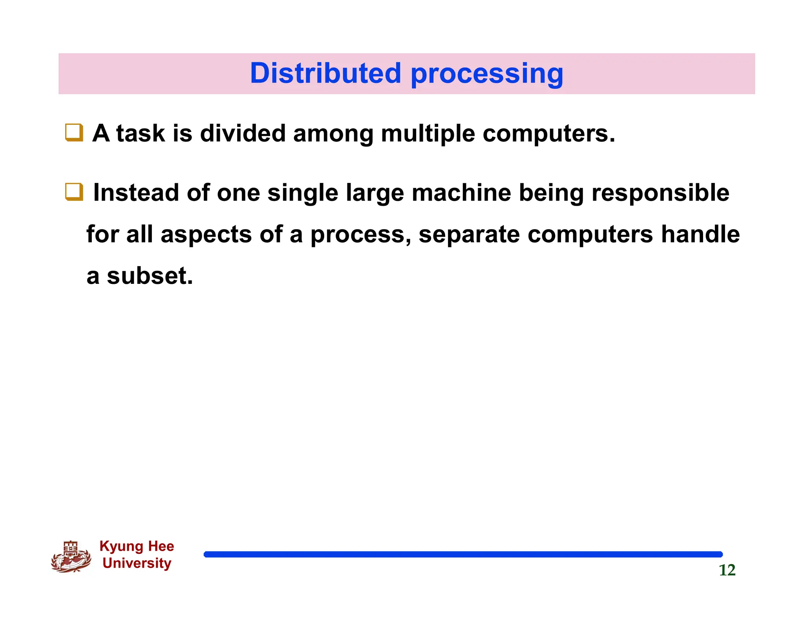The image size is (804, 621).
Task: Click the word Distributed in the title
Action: tap(325, 73)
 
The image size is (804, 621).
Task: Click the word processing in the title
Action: tap(487, 75)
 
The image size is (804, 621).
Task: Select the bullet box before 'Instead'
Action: tap(74, 192)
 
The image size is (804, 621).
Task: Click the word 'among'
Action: tap(333, 134)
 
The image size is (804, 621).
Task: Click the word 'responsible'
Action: tap(660, 194)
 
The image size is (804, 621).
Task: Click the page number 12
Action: tap(727, 570)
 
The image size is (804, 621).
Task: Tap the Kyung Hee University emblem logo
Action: tap(71, 557)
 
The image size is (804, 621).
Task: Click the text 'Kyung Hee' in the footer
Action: tap(137, 546)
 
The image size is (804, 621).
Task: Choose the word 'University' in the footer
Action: tap(137, 563)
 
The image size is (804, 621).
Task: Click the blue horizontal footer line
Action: tap(463, 554)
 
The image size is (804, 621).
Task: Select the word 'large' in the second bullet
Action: tap(375, 194)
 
